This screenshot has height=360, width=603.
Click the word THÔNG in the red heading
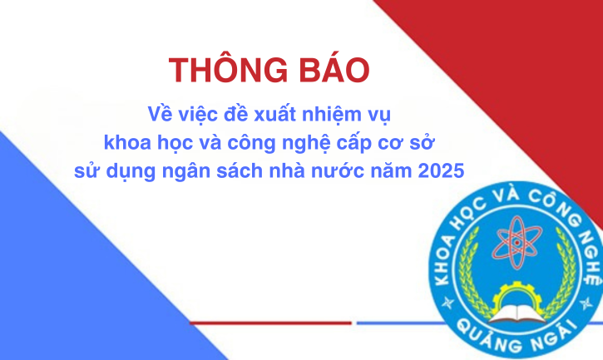tap(229, 70)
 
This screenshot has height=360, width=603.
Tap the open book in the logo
tap(517, 313)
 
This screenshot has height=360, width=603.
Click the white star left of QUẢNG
tap(448, 303)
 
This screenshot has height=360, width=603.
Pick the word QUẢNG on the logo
tap(487, 335)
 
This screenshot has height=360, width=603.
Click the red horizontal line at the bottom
tap(271, 323)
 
